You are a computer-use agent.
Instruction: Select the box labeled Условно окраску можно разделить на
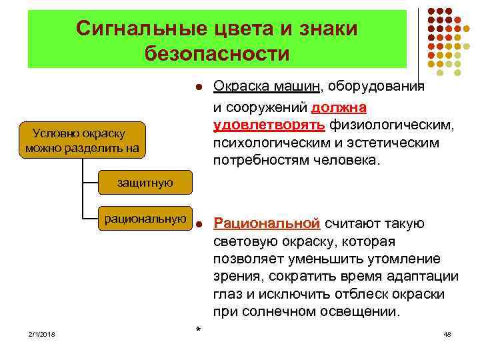pyautogui.click(x=83, y=140)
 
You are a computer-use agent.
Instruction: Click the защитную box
pyautogui.click(x=145, y=182)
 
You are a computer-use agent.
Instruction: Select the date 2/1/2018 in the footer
pyautogui.click(x=42, y=333)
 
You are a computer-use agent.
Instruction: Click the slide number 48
pyautogui.click(x=447, y=333)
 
